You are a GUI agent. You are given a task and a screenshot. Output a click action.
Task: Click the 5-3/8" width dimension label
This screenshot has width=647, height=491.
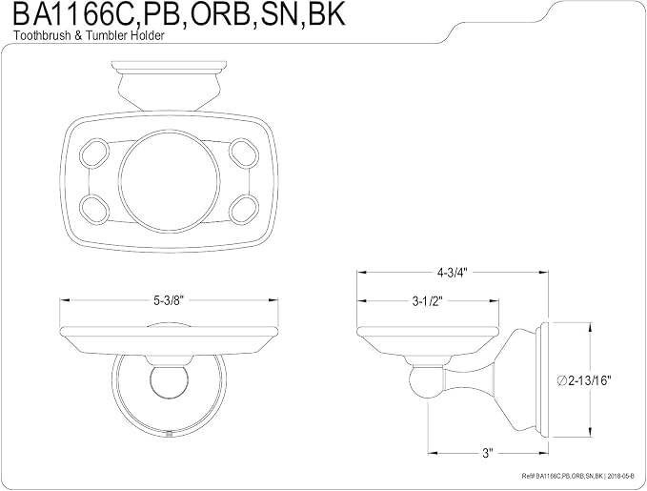click(169, 300)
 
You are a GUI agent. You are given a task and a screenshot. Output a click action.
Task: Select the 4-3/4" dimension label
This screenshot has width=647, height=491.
click(453, 273)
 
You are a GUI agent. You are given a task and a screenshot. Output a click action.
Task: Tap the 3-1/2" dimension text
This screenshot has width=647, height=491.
click(427, 301)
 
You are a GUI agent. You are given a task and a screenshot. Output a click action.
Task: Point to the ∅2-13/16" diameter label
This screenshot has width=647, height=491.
click(583, 380)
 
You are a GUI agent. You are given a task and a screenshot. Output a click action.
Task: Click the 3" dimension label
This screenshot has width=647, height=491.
click(488, 453)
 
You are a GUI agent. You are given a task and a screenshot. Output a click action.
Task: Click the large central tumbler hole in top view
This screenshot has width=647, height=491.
click(170, 181)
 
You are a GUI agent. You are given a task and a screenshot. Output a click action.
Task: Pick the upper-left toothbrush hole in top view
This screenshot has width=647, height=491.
click(94, 153)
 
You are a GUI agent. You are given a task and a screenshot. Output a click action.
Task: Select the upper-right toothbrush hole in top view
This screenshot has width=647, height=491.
click(244, 153)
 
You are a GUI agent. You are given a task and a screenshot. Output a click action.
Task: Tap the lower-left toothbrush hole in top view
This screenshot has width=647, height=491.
click(94, 209)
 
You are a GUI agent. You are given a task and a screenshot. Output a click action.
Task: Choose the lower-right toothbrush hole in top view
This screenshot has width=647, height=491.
click(244, 210)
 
